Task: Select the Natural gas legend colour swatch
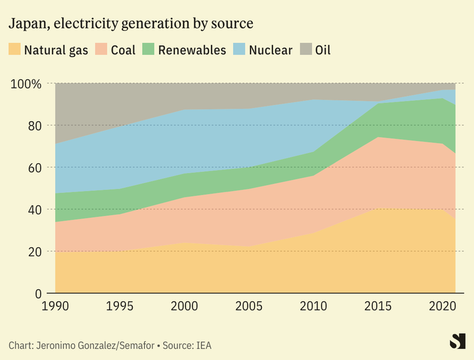pyautogui.click(x=14, y=49)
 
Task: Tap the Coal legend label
pyautogui.click(x=123, y=50)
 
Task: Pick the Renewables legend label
pyautogui.click(x=192, y=50)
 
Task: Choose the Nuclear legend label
pyautogui.click(x=270, y=50)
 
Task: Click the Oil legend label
pyautogui.click(x=323, y=50)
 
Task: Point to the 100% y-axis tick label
pyautogui.click(x=26, y=84)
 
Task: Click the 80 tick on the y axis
pyautogui.click(x=35, y=126)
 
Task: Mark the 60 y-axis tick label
pyautogui.click(x=35, y=168)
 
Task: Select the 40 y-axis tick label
pyautogui.click(x=35, y=209)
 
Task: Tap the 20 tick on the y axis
pyautogui.click(x=35, y=252)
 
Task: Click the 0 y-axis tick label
pyautogui.click(x=38, y=293)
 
